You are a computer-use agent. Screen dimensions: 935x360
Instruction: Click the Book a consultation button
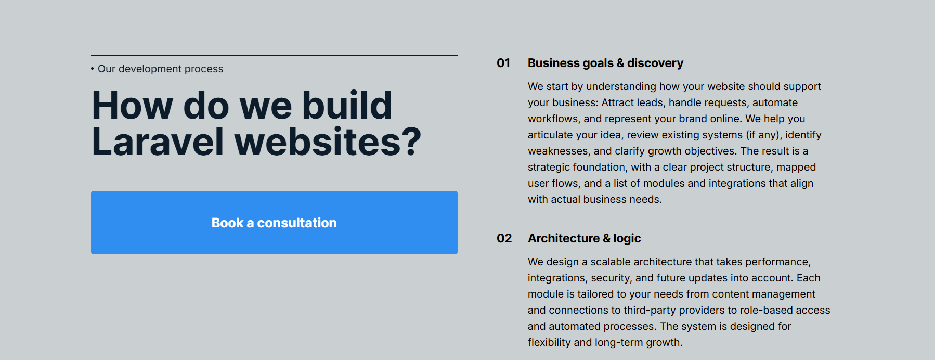[x=274, y=223]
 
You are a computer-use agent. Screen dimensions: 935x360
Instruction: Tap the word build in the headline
[x=347, y=105]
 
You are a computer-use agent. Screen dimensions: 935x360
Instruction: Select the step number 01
[x=503, y=63]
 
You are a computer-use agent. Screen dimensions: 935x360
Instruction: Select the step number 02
[x=504, y=238]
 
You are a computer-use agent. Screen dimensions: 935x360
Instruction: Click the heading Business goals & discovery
[x=605, y=63]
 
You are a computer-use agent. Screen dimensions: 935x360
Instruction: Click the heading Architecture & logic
[x=584, y=238]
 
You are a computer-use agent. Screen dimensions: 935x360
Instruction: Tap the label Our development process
[x=160, y=69]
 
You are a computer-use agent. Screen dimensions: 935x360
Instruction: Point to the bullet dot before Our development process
[x=93, y=69]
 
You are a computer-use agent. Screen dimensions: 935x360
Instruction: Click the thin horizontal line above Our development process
[x=274, y=55]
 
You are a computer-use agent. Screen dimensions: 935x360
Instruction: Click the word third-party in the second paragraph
[x=650, y=311]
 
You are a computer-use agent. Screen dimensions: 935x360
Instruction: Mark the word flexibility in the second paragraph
[x=549, y=343]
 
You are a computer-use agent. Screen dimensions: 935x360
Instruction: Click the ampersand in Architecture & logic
[x=606, y=238]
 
